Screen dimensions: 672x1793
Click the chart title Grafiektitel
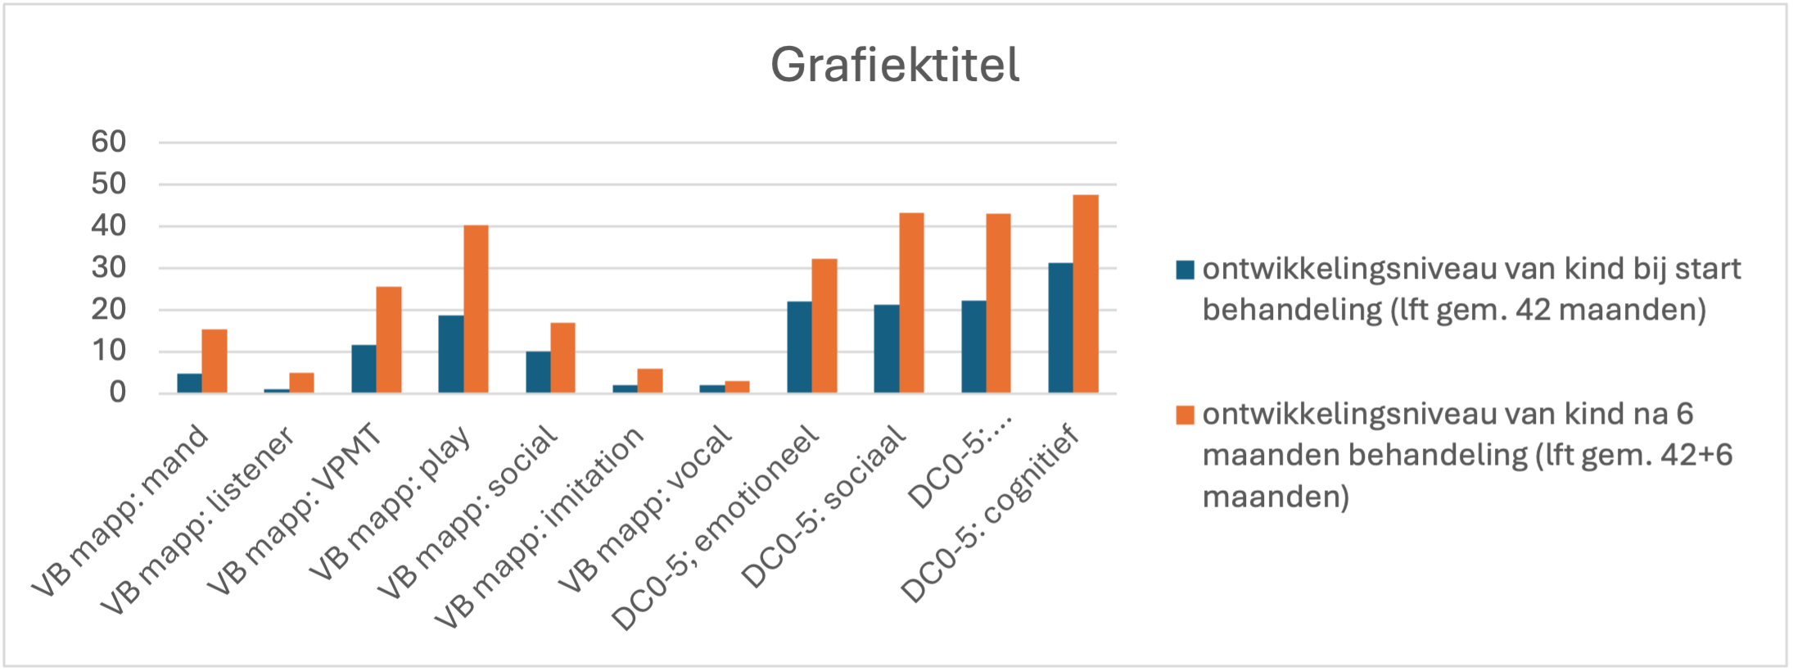[x=895, y=65]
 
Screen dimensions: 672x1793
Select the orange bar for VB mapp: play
[x=476, y=309]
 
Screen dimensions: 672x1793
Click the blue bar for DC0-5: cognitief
[x=1060, y=328]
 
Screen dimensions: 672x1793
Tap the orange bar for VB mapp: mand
[x=215, y=361]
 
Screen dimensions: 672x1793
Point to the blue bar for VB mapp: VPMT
[x=364, y=369]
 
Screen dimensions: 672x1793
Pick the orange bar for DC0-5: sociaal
[x=911, y=303]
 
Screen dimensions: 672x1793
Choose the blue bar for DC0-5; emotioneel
[x=799, y=347]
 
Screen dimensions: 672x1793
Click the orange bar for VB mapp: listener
[x=301, y=383]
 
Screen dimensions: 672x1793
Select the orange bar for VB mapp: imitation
[x=650, y=381]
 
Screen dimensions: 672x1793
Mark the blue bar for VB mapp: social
[x=538, y=372]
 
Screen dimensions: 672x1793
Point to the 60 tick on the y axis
[x=109, y=142]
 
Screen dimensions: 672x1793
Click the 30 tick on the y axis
[x=109, y=267]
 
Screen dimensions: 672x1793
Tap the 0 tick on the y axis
[x=118, y=393]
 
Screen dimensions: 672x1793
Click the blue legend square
[x=1185, y=270]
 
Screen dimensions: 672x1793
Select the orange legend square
[x=1185, y=415]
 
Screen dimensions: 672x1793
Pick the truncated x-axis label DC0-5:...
[x=960, y=462]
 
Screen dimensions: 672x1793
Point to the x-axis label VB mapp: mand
[x=120, y=512]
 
